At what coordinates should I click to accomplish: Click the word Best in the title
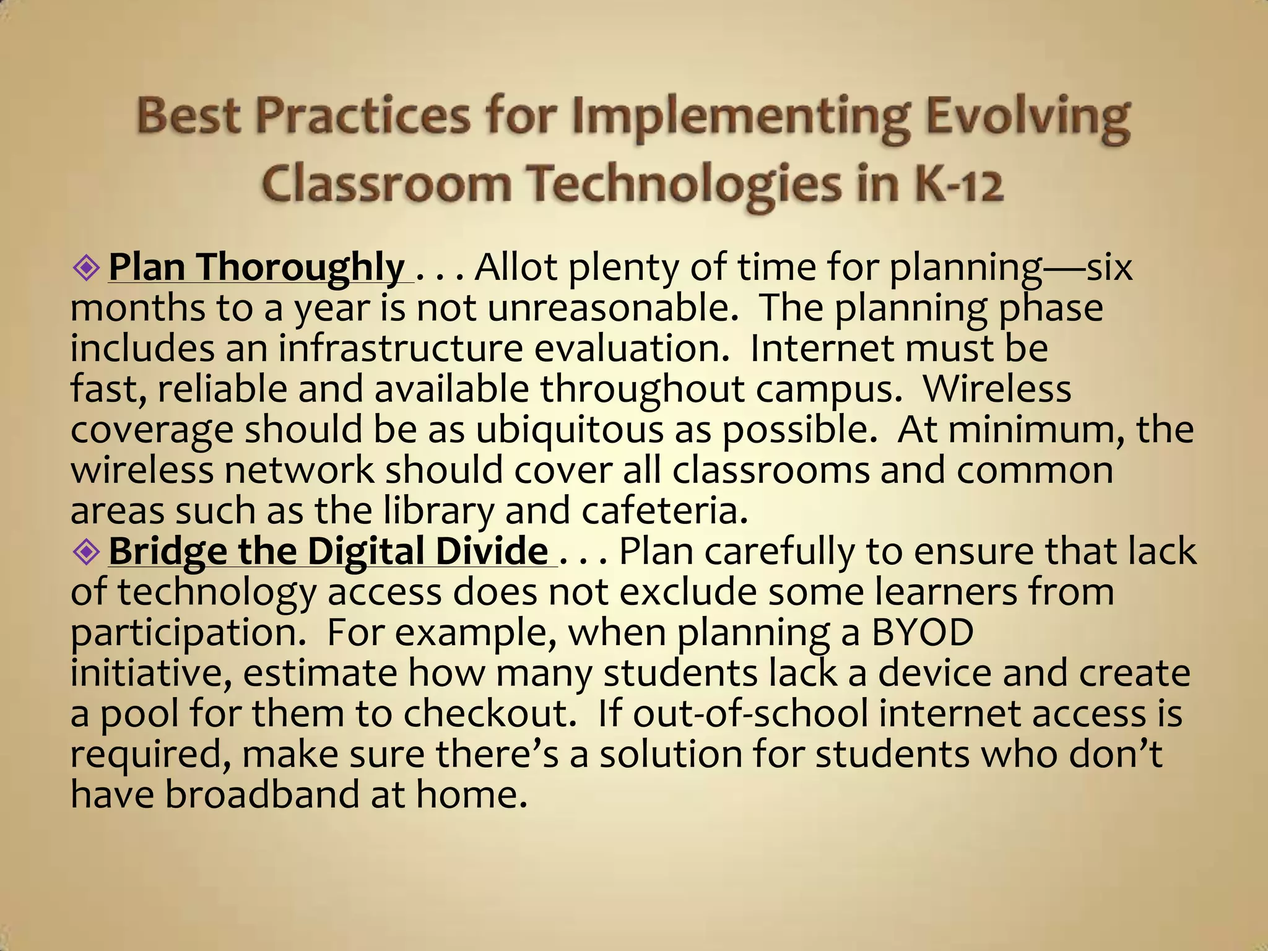coord(188,116)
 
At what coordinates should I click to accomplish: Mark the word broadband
coord(262,794)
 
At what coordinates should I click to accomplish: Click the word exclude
coord(687,592)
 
